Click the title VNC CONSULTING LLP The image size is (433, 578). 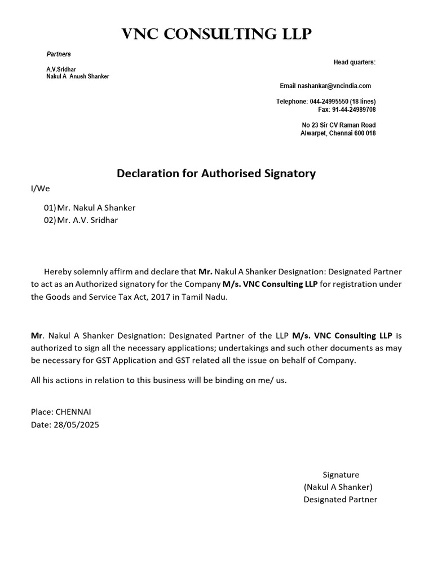tap(216, 35)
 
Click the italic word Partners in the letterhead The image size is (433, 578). tap(59, 54)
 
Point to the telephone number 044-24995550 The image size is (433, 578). tap(329, 102)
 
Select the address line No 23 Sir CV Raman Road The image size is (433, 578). tap(339, 125)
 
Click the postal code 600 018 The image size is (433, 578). tap(364, 133)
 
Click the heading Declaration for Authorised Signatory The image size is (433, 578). tap(216, 174)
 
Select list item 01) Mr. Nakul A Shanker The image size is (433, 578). tap(90, 208)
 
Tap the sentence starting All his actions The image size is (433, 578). tap(158, 380)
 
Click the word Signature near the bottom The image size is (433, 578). tap(341, 475)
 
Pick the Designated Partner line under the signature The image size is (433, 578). tap(341, 500)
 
